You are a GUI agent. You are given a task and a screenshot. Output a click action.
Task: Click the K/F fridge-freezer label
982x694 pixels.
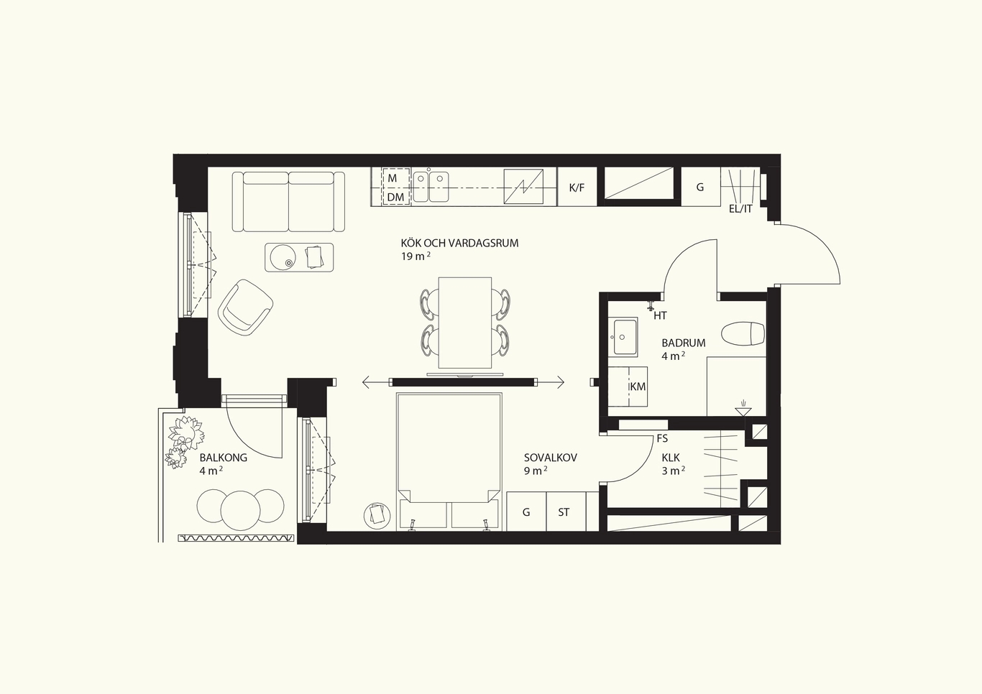tap(577, 188)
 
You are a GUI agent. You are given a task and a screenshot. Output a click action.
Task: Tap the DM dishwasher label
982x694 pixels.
tap(395, 198)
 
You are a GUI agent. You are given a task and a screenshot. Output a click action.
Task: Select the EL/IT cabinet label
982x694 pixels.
tap(740, 209)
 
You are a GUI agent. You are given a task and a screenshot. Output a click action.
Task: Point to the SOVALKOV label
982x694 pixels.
tap(551, 458)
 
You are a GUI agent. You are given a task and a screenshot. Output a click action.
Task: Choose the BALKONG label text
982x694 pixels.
tap(223, 458)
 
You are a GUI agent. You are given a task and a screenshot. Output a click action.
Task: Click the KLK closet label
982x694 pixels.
tap(671, 458)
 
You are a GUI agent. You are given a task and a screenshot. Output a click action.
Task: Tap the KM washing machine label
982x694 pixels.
tap(638, 387)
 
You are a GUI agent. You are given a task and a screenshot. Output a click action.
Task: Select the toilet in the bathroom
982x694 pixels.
tap(743, 335)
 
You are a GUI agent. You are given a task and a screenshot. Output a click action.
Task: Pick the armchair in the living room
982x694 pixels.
tap(246, 307)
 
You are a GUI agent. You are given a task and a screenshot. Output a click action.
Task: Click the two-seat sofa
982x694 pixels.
tap(288, 202)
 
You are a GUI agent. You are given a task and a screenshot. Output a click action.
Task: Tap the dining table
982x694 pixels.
tap(464, 323)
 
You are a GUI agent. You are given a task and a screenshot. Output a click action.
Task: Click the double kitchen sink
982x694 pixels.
tap(431, 187)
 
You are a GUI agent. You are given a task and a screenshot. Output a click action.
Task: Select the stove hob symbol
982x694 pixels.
tap(523, 187)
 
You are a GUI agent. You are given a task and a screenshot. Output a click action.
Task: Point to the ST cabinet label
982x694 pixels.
tap(564, 512)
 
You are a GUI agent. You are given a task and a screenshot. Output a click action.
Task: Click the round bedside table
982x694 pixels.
tap(377, 515)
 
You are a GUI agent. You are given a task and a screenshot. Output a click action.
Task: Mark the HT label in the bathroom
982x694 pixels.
tap(660, 315)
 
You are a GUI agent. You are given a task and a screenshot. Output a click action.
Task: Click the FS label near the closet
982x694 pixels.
tap(662, 438)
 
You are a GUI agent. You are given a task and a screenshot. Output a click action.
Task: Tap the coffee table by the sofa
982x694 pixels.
tap(299, 258)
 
